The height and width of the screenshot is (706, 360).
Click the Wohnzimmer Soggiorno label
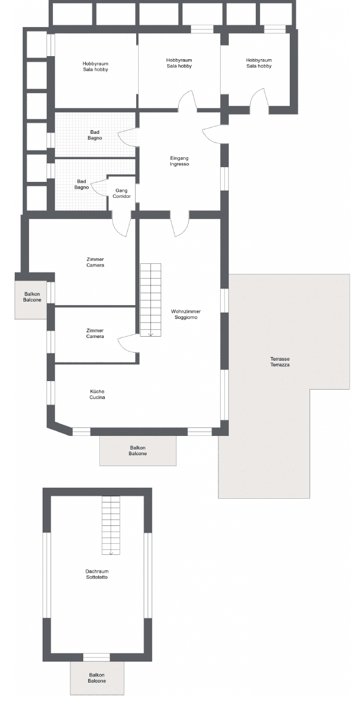[x=186, y=314]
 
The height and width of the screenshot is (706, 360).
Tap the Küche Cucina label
[x=97, y=395]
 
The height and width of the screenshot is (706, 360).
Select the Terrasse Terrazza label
[x=280, y=362]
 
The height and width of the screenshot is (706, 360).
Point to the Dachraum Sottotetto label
[x=97, y=574]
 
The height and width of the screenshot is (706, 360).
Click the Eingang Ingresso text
[x=179, y=161]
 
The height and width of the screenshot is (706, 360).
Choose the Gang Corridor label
[x=121, y=194]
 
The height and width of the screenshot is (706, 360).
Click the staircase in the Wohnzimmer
[x=150, y=300]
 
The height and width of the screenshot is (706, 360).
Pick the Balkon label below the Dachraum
[x=97, y=678]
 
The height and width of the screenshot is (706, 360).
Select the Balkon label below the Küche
[x=137, y=451]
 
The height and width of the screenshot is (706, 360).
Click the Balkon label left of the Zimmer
[x=31, y=297]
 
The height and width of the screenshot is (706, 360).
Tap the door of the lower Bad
[x=100, y=186]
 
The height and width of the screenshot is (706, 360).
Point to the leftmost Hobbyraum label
[x=96, y=67]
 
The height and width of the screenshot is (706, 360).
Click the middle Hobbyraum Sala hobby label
[x=179, y=63]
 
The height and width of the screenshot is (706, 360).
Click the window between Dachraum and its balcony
[x=97, y=657]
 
